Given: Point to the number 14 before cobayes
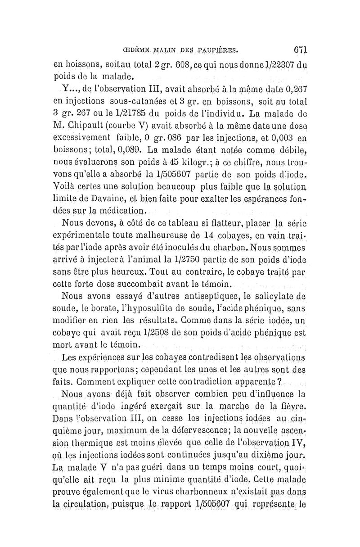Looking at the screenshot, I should (x=207, y=234).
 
